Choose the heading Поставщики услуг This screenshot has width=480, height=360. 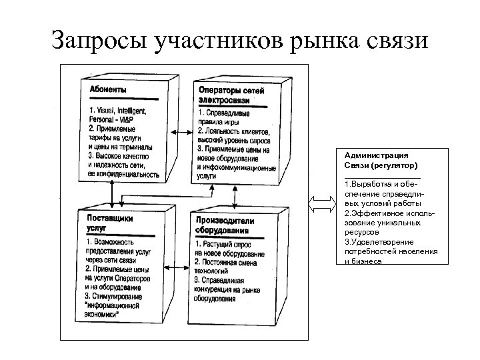coord(109,222)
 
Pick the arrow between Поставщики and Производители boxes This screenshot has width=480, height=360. coord(179,266)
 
